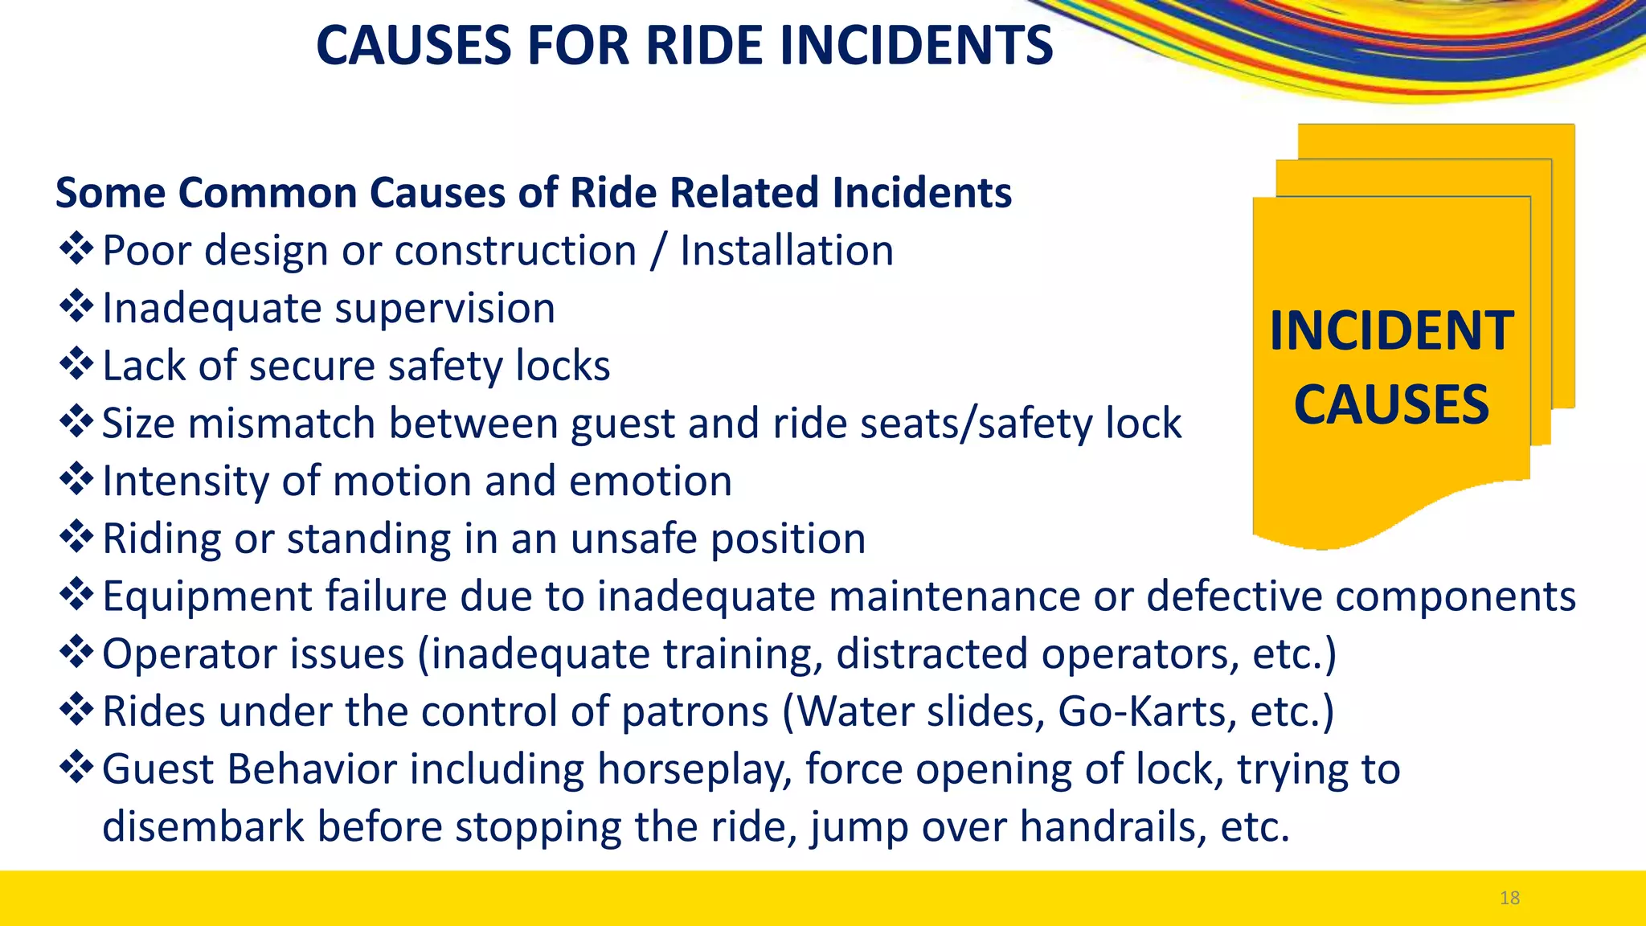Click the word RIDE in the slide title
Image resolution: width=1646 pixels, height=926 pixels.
pos(705,45)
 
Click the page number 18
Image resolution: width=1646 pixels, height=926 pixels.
pos(1509,898)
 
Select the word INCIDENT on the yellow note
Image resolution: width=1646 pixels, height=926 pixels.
pos(1391,331)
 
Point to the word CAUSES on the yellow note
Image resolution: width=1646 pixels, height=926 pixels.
pos(1391,404)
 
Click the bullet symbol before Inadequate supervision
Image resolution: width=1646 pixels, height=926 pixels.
pos(76,307)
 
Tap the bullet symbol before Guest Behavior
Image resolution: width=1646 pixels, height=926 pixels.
pos(76,768)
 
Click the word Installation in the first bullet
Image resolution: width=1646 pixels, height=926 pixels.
pos(787,251)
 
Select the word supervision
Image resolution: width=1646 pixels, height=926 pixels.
pos(445,309)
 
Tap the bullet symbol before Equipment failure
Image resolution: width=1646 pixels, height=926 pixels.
pos(76,595)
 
